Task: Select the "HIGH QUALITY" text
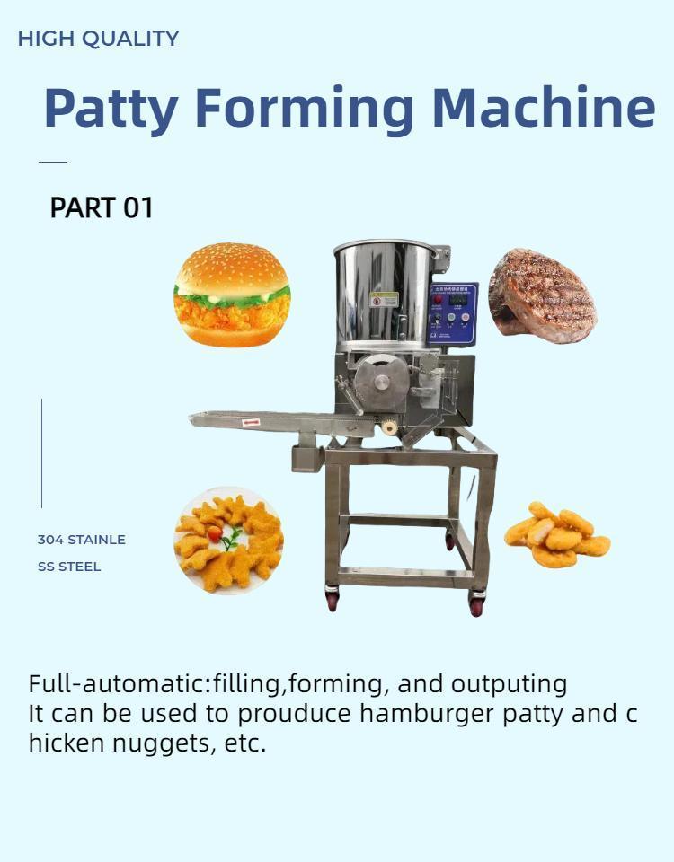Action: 99,39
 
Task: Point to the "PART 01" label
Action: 102,208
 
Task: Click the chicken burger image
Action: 232,295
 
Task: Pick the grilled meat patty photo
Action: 542,295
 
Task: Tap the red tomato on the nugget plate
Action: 215,532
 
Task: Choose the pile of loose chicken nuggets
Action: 557,535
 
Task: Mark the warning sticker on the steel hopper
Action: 384,299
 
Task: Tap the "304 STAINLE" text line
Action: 81,540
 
